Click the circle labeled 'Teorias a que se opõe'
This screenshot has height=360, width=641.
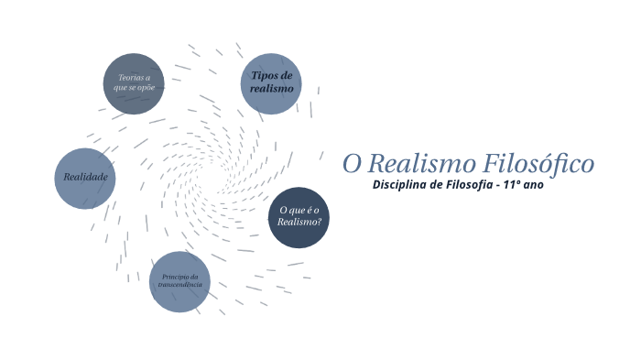tap(134, 83)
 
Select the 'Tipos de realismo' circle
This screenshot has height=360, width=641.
tap(271, 83)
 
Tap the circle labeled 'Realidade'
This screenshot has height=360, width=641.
tap(85, 178)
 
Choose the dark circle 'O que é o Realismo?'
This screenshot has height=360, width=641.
tap(299, 217)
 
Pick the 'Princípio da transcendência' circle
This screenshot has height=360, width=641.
tap(179, 281)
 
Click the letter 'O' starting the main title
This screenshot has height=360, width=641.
tap(353, 164)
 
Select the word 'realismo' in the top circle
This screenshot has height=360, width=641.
tap(271, 89)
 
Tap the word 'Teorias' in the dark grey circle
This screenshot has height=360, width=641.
tap(129, 78)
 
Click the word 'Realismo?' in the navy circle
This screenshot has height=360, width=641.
tap(299, 223)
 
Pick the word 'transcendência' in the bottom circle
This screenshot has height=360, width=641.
tap(179, 285)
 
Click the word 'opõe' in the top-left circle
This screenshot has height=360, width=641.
tap(148, 88)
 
